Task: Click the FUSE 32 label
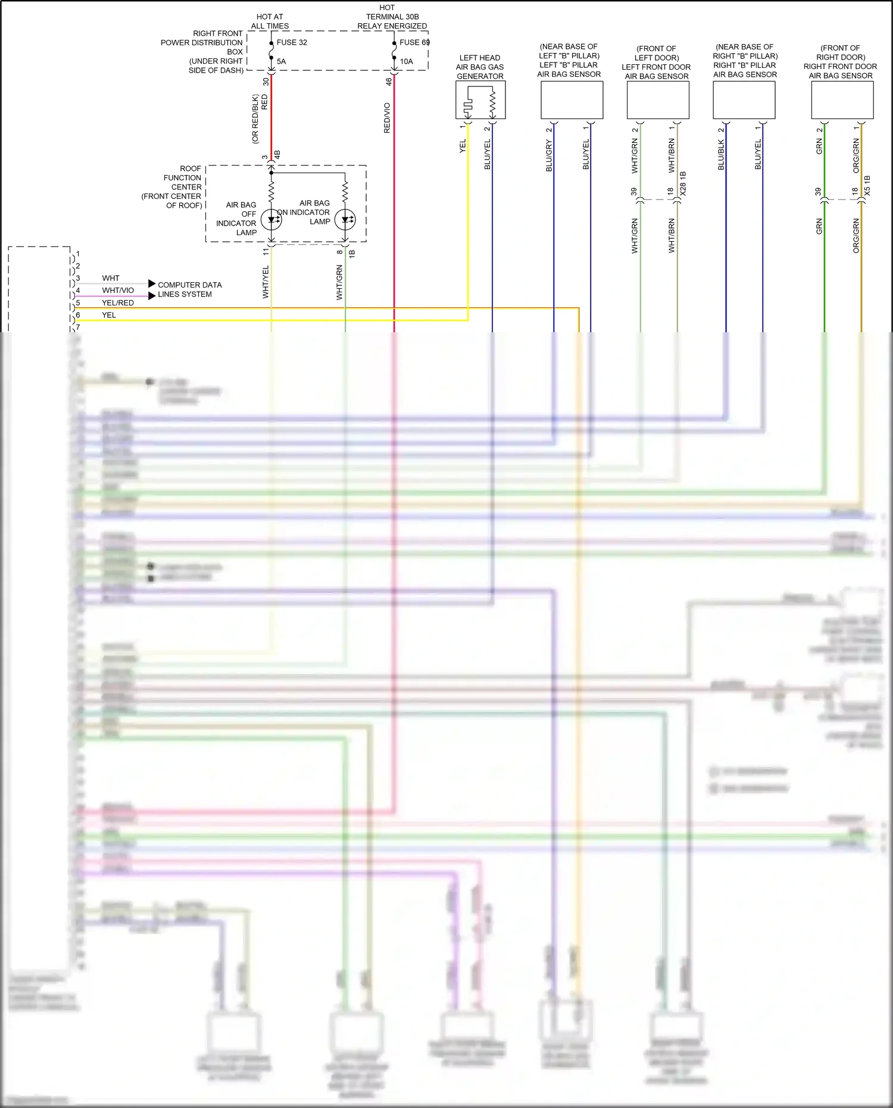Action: tap(292, 42)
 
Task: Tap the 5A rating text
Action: tap(281, 61)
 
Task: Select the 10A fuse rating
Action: tap(406, 61)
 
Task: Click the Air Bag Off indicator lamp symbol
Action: tap(271, 219)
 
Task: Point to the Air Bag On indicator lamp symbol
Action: tap(345, 220)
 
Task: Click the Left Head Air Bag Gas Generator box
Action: tap(480, 100)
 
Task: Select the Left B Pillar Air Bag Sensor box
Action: tap(572, 100)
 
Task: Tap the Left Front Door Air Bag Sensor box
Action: tap(658, 100)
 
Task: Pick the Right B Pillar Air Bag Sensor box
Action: tap(744, 100)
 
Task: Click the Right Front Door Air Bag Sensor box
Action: tap(842, 100)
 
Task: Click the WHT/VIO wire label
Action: tap(118, 291)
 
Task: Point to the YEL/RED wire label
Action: tap(118, 303)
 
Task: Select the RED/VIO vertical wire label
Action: tap(387, 118)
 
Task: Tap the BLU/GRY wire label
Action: tap(549, 156)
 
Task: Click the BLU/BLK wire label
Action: tap(721, 155)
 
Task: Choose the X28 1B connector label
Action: tap(683, 183)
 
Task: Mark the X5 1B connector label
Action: tap(867, 186)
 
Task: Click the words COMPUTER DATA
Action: tap(189, 285)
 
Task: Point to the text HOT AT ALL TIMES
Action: tap(270, 21)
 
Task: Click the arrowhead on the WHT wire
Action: tap(152, 283)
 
